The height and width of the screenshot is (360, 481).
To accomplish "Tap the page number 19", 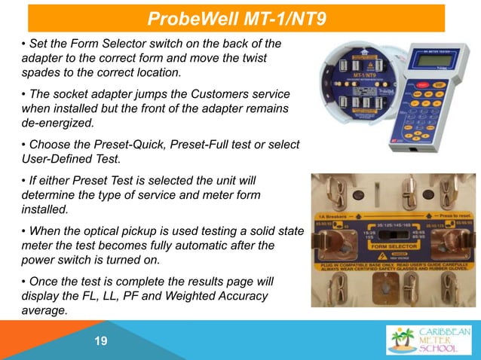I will click(x=101, y=342).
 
